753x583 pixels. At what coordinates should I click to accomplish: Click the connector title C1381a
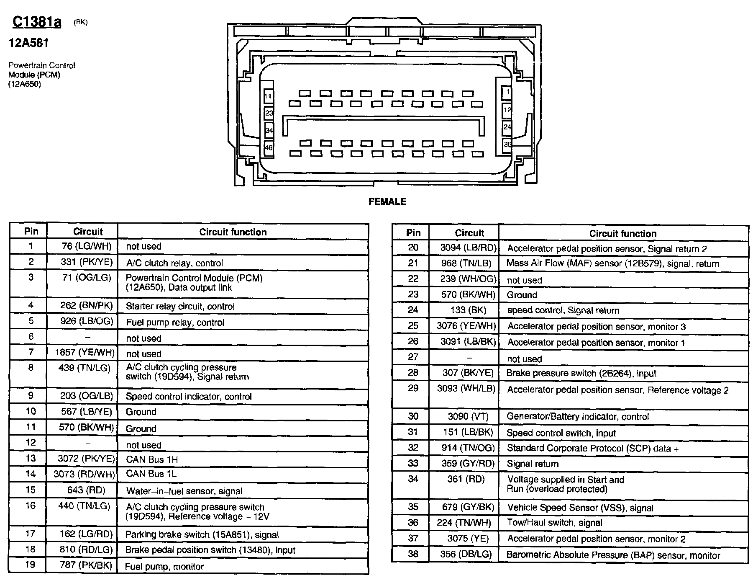(x=37, y=21)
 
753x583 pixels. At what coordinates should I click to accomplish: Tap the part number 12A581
(x=29, y=43)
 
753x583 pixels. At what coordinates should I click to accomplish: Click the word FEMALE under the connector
(x=387, y=202)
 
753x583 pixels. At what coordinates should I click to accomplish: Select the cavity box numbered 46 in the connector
(x=269, y=148)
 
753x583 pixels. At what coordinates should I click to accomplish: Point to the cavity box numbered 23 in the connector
(x=269, y=113)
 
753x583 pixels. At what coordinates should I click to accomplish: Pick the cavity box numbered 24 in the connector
(x=507, y=126)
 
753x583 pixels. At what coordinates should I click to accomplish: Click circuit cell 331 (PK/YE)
(x=87, y=262)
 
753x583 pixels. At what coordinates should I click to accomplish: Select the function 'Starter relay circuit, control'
(x=180, y=306)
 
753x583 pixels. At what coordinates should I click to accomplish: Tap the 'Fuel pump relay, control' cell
(x=175, y=322)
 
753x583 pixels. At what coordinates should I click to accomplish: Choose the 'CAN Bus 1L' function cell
(x=151, y=474)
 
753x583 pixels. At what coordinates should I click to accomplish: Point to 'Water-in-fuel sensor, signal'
(x=184, y=491)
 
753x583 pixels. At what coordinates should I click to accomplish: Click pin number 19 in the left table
(x=30, y=565)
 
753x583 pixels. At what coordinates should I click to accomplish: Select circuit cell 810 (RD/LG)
(x=86, y=549)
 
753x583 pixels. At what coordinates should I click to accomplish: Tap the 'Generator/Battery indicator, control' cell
(x=577, y=417)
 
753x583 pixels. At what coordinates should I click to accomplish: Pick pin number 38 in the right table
(x=413, y=554)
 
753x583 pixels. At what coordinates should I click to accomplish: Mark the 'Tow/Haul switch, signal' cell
(x=555, y=523)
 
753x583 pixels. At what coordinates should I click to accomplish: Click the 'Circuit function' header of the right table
(x=622, y=234)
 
